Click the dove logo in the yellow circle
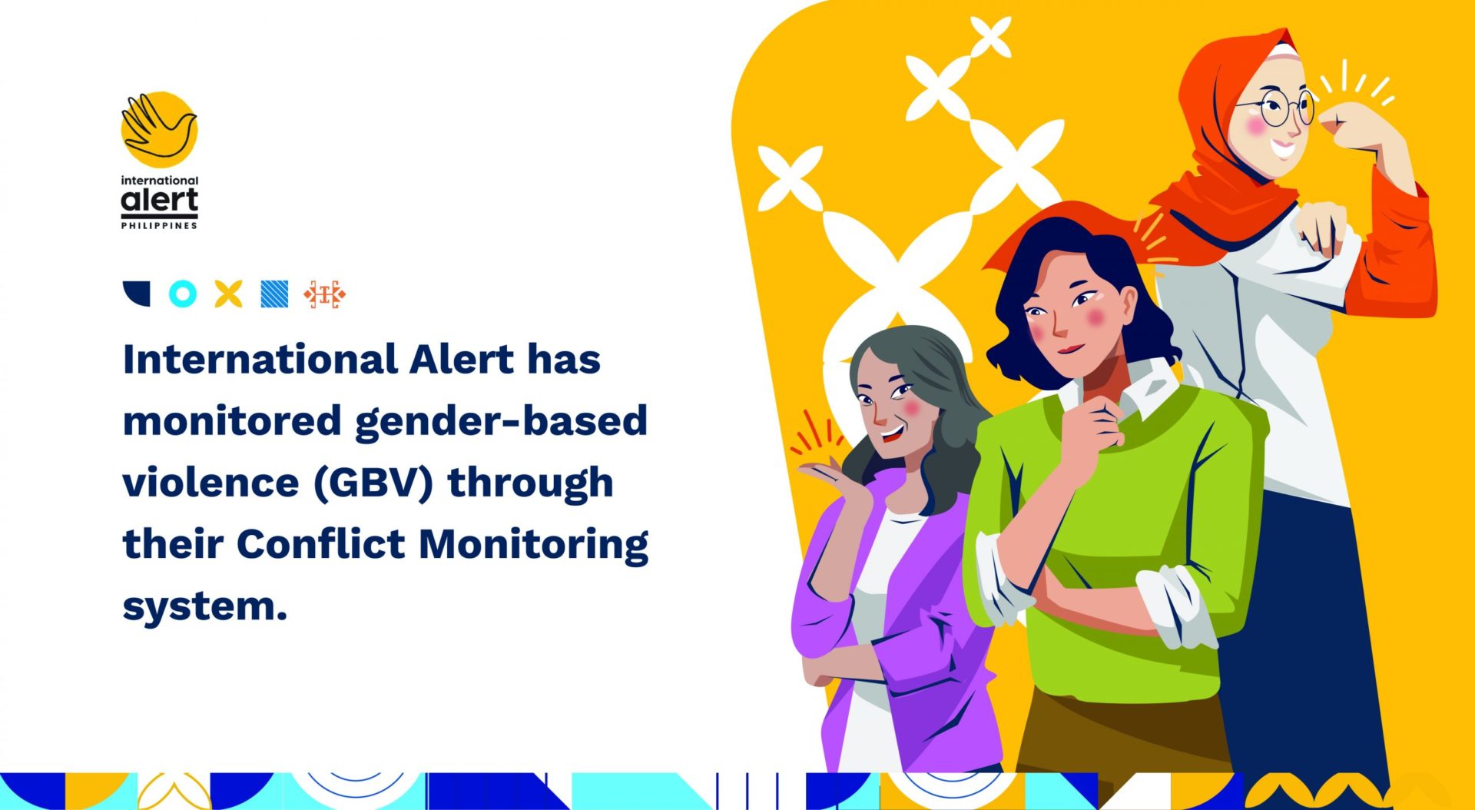click(159, 128)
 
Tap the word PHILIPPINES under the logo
click(159, 225)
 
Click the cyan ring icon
click(182, 294)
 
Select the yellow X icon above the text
click(228, 294)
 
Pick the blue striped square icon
click(274, 294)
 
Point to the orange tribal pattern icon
click(324, 294)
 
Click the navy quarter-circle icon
click(137, 294)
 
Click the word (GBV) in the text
click(373, 483)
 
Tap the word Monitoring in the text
click(533, 545)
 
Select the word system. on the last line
click(204, 606)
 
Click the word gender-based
click(501, 422)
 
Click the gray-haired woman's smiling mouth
click(891, 434)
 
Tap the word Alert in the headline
click(461, 360)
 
